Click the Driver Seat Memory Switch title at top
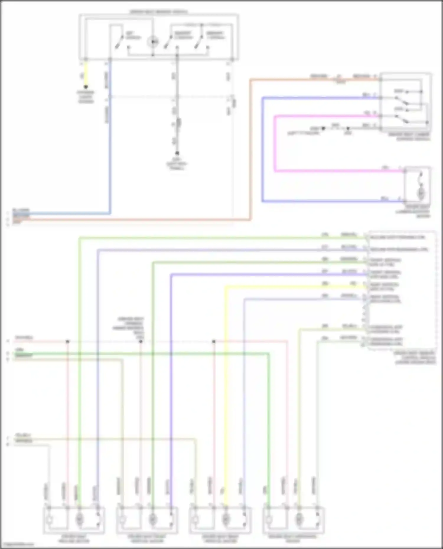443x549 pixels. click(x=159, y=12)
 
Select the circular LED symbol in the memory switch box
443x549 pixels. click(x=153, y=42)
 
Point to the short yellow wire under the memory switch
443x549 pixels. click(x=86, y=74)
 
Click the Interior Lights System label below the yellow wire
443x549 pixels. click(x=86, y=97)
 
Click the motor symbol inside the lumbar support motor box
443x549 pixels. click(x=421, y=193)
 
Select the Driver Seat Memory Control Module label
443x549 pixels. click(x=415, y=357)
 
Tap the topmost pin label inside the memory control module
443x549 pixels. click(x=397, y=237)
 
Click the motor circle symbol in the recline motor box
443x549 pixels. click(x=79, y=518)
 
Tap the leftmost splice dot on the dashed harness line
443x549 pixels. click(x=68, y=341)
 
